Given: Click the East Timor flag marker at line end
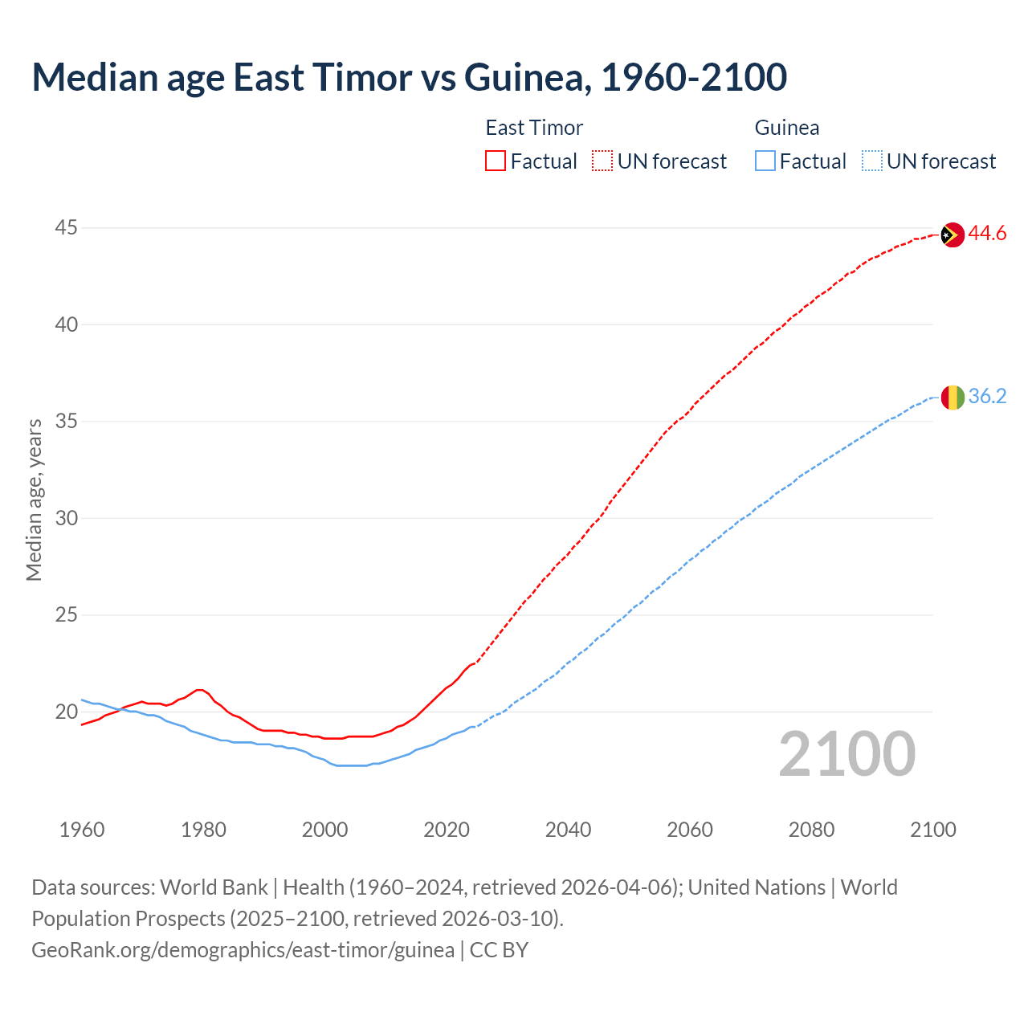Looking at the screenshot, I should pos(952,235).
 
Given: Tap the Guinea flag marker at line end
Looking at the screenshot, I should pos(952,397).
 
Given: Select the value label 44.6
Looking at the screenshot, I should pos(987,234).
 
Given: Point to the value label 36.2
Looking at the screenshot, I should pos(987,397).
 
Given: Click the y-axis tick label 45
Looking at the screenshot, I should pos(66,228).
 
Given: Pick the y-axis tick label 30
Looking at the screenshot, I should pos(66,518).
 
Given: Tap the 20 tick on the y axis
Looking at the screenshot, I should pos(66,712).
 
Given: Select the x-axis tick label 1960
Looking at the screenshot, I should pos(82,830).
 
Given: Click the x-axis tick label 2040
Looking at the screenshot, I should pos(568,830).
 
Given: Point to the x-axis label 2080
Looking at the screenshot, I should pos(811,830).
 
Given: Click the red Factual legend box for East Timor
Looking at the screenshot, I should pos(496,161).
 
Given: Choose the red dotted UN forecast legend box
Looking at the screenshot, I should pos(602,161).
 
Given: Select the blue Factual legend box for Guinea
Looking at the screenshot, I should pos(765,161).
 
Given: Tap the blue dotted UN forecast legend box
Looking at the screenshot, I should pos(871,161).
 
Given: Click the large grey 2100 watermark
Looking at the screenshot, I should pos(846,753).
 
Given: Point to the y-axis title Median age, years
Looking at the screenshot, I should pos(34,500).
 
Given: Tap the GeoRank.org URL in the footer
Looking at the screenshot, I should pos(243,950).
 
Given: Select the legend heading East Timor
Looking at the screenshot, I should pos(534,128).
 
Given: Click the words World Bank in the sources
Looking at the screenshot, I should pos(214,887).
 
